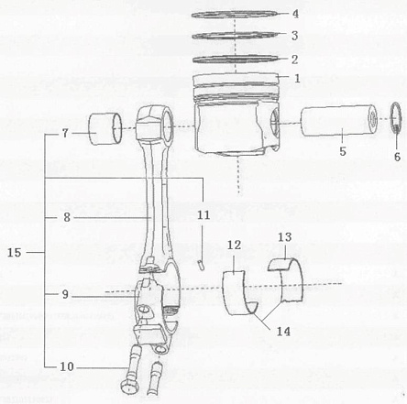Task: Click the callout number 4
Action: [x=295, y=14]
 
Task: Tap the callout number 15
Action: [x=15, y=253]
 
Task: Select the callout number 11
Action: [x=203, y=215]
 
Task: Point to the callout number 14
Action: [x=283, y=332]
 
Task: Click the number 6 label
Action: [x=397, y=157]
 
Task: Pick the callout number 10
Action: [x=67, y=366]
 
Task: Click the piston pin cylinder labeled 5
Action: [x=338, y=121]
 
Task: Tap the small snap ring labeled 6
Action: [x=397, y=117]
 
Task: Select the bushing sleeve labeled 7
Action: [x=104, y=128]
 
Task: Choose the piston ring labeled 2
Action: [x=236, y=59]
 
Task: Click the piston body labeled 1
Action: [x=236, y=114]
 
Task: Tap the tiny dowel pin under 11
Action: [x=202, y=265]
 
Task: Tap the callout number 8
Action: [x=67, y=217]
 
